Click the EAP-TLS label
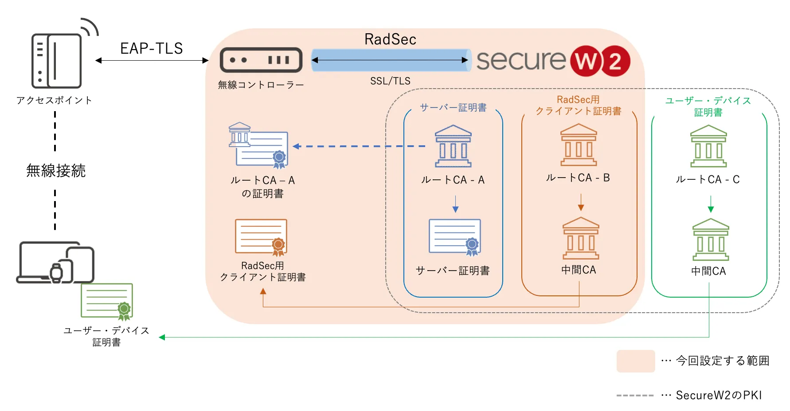[x=151, y=48]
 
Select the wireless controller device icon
[x=261, y=60]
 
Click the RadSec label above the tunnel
[x=390, y=39]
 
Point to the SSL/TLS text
[x=390, y=81]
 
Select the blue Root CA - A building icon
[x=453, y=146]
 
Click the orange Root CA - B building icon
[x=579, y=145]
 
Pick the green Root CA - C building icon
[x=708, y=146]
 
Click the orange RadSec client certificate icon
[x=261, y=237]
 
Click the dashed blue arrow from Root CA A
[x=359, y=146]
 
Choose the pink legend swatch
[x=635, y=361]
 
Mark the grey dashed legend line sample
[x=635, y=395]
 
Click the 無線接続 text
[x=56, y=171]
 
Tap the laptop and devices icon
[x=55, y=263]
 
